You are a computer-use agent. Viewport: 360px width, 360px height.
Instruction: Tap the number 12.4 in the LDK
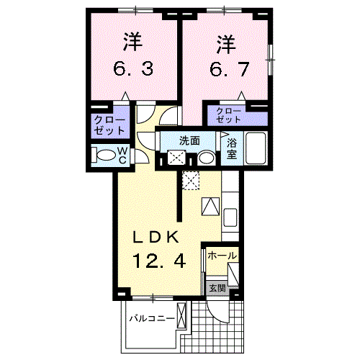click(x=159, y=260)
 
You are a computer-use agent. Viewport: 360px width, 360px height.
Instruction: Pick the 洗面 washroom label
click(x=189, y=141)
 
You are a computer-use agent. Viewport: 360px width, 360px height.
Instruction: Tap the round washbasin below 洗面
click(x=206, y=158)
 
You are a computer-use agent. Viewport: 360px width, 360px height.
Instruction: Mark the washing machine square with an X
click(x=176, y=158)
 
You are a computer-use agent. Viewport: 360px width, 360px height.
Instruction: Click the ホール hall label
click(x=222, y=256)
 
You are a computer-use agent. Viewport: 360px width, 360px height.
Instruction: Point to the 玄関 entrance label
click(x=217, y=289)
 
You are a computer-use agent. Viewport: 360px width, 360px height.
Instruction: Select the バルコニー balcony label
click(x=152, y=318)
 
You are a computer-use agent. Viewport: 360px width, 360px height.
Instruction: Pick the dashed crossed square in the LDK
click(x=190, y=181)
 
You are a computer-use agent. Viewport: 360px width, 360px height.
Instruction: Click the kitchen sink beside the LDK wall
click(x=231, y=217)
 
